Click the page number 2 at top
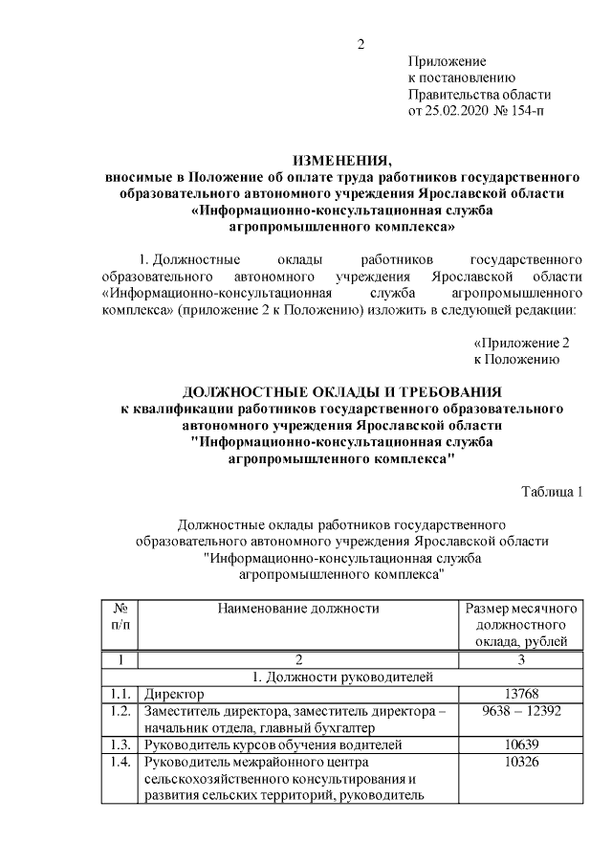click(x=361, y=44)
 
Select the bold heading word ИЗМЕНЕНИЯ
click(x=341, y=160)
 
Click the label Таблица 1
click(x=552, y=492)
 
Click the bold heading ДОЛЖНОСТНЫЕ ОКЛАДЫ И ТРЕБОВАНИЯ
click(x=341, y=392)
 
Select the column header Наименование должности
click(x=297, y=608)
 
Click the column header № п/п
click(x=120, y=616)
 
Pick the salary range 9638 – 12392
click(x=520, y=711)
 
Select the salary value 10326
click(x=520, y=763)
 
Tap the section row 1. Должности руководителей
click(x=341, y=677)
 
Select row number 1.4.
click(x=120, y=763)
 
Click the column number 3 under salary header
click(x=520, y=659)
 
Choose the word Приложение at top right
click(x=447, y=60)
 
